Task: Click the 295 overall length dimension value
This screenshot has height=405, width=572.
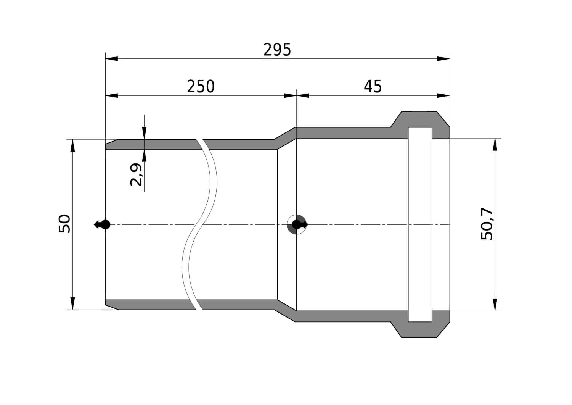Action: [x=277, y=50]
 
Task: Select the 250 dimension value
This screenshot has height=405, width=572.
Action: [x=201, y=86]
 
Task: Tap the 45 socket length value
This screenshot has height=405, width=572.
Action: [x=373, y=86]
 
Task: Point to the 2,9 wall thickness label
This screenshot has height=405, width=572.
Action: [x=136, y=175]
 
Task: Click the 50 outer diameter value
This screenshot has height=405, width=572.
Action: [x=64, y=224]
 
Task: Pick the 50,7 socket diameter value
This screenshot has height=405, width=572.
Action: [x=487, y=224]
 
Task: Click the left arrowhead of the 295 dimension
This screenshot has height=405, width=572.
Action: [x=112, y=58]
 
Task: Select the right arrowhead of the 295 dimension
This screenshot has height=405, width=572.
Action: [x=443, y=58]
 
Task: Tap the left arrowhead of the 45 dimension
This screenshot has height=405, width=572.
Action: [x=303, y=96]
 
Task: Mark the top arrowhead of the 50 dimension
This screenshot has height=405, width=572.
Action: [x=73, y=145]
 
